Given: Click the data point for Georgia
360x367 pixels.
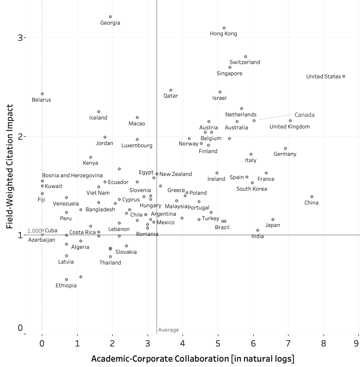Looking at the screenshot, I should point(110,17).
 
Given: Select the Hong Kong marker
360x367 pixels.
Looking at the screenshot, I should point(224,28).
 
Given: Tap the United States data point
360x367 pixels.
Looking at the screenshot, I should point(344,76).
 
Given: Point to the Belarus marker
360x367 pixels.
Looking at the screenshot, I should point(42,94).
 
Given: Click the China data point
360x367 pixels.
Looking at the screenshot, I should point(312,197).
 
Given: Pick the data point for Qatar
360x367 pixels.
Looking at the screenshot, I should point(171,90).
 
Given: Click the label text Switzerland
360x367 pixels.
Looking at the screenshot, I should point(245,62).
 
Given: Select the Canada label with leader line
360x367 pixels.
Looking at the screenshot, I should point(304,115).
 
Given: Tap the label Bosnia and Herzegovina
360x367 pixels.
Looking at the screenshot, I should point(72,175).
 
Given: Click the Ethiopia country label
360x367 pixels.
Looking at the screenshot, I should point(66,286).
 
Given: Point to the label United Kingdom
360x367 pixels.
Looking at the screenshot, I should point(289,126).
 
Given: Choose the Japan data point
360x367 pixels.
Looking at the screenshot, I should point(273,220).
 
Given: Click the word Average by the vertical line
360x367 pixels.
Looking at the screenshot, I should point(168,330).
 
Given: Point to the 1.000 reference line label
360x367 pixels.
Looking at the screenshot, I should point(35,231).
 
